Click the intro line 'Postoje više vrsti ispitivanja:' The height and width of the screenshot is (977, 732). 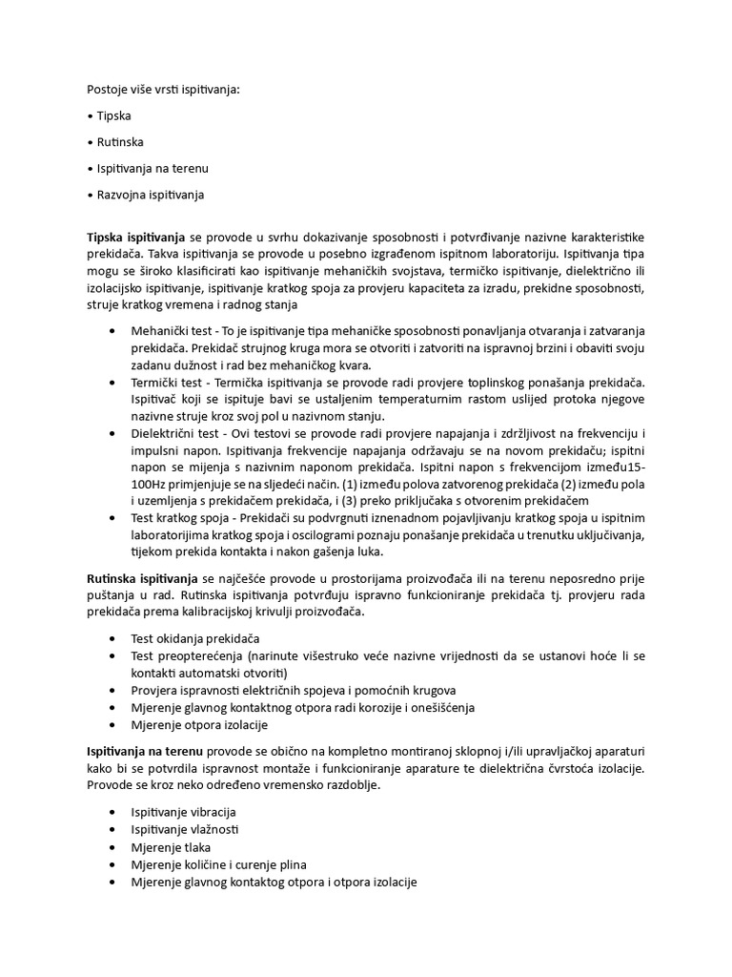click(x=163, y=90)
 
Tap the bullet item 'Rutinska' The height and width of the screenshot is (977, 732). click(x=120, y=142)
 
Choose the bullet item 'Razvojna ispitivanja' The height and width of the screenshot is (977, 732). click(x=150, y=195)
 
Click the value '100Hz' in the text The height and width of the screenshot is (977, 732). click(x=148, y=484)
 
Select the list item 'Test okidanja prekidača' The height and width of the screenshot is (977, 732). click(x=195, y=638)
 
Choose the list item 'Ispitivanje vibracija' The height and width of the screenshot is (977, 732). click(x=183, y=812)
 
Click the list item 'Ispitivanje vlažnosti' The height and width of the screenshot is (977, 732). click(x=184, y=829)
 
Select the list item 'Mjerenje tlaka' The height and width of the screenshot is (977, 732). click(x=171, y=846)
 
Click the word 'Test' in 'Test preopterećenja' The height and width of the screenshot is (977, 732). click(x=143, y=655)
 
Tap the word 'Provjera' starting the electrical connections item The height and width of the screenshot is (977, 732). click(x=154, y=690)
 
